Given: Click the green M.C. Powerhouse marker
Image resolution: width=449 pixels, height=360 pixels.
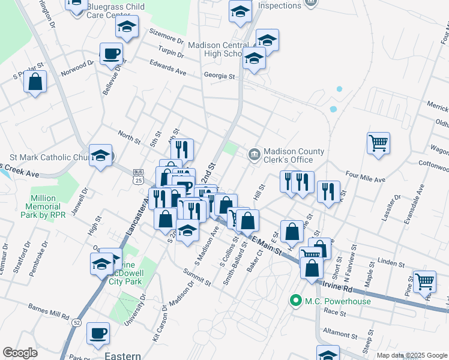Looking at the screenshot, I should click(295, 301).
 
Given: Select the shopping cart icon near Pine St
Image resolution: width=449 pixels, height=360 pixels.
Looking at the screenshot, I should click(424, 280).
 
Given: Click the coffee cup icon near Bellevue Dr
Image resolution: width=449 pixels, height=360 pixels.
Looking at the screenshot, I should click(110, 53).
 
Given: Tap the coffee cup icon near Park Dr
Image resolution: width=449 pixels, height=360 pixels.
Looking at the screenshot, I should click(98, 334).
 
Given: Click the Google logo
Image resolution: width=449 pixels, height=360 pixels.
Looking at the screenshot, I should click(20, 353).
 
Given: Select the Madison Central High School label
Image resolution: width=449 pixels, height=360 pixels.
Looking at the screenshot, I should click(215, 49).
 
